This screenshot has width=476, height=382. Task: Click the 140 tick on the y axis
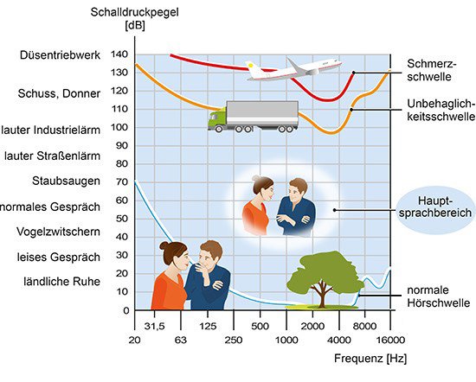click(x=119, y=54)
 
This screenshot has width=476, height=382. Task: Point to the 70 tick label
click(x=122, y=181)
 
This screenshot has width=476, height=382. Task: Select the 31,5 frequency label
click(x=155, y=326)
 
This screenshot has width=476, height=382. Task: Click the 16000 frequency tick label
click(x=390, y=340)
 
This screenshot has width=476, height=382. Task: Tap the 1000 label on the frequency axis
click(x=286, y=340)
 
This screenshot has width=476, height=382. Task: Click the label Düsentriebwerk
click(x=60, y=55)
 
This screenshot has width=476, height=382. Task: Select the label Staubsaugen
click(x=66, y=181)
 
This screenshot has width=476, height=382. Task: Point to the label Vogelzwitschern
click(x=58, y=232)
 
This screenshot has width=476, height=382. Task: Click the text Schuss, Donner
click(x=59, y=93)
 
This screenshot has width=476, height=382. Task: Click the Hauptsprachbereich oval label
click(x=435, y=207)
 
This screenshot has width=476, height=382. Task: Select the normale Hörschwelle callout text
click(x=439, y=296)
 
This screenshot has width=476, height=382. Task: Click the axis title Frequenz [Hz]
click(x=370, y=359)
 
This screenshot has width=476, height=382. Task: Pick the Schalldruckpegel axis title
click(x=134, y=18)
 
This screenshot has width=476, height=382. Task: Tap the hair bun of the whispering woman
click(x=164, y=245)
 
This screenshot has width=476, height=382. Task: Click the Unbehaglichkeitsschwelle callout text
click(x=441, y=110)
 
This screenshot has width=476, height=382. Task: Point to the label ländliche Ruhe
click(x=62, y=282)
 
